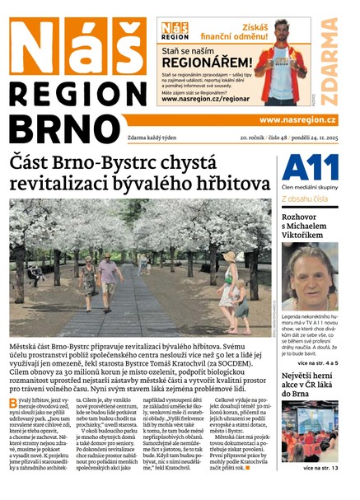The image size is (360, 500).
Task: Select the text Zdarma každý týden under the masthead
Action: click(x=134, y=138)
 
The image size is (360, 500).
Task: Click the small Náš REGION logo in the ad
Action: click(x=175, y=31)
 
